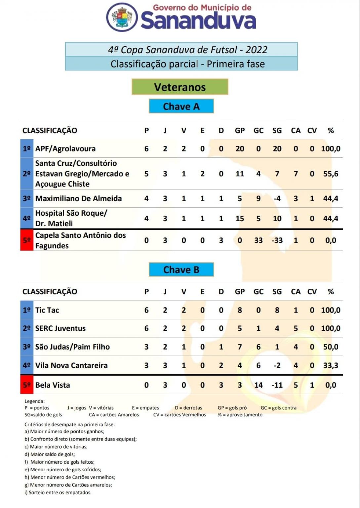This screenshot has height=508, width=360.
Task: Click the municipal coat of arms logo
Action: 122,17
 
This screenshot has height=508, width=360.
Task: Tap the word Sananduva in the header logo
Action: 198,21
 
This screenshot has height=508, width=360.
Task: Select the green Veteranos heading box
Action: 180,87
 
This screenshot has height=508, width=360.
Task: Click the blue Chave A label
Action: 181,106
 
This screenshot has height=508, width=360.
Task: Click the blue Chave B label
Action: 181,270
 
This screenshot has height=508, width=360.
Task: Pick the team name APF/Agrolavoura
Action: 65,149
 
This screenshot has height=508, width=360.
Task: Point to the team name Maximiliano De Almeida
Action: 79,198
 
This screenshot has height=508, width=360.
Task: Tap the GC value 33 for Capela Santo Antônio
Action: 258,240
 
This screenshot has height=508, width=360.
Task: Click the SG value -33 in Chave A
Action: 277,240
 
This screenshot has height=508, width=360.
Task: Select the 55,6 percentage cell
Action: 331,174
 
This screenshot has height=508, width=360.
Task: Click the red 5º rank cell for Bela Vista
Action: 27,385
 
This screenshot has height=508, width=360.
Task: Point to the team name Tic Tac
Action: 47,310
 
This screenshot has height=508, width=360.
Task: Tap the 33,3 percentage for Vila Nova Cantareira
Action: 331,365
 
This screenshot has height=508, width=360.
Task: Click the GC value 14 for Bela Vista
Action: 258,385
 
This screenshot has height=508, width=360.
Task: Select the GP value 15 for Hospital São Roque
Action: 240,219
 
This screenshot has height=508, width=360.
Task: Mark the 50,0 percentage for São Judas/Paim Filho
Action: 331,347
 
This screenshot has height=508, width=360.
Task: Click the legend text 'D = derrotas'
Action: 188,408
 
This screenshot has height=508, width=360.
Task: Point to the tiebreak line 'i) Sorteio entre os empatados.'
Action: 58,492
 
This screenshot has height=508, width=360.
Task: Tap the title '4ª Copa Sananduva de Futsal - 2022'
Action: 187,50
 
